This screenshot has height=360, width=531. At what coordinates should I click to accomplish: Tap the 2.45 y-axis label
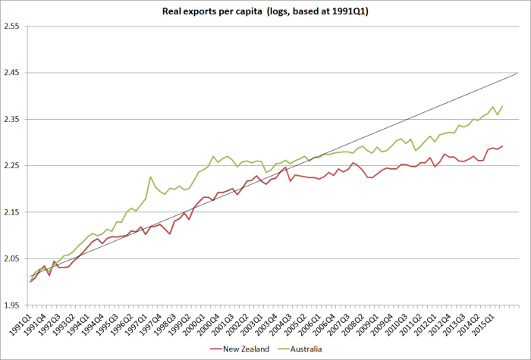(x=12, y=73)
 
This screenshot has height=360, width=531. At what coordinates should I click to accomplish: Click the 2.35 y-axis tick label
(x=12, y=120)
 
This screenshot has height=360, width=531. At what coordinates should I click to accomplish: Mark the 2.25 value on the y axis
(x=12, y=166)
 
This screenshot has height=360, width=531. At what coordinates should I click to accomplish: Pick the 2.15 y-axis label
(x=12, y=213)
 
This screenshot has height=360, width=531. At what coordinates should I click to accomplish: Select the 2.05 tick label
(x=12, y=259)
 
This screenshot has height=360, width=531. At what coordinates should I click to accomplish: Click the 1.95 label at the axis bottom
(x=12, y=306)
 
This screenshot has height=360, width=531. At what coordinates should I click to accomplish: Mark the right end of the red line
(x=502, y=146)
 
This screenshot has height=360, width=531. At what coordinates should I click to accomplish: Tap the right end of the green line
(x=502, y=106)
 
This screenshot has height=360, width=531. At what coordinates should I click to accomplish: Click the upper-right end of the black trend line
(x=517, y=74)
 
